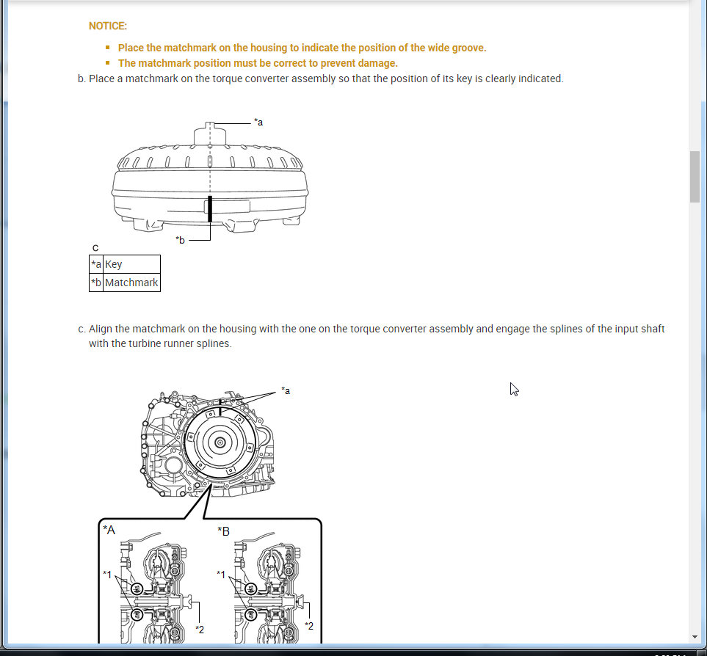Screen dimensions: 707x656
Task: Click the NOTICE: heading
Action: click(108, 26)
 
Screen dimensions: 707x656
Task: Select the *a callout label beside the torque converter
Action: click(258, 122)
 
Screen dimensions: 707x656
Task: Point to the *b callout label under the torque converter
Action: click(181, 240)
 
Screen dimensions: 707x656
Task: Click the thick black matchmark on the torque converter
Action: click(210, 209)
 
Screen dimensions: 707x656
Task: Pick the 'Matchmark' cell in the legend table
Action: click(131, 283)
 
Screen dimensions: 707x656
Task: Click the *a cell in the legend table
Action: click(96, 264)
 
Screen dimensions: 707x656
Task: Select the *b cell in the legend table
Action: click(96, 283)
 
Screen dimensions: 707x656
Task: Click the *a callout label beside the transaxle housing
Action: click(286, 390)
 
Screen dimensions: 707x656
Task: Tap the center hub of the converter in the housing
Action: click(220, 442)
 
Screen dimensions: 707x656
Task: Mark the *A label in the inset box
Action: click(109, 530)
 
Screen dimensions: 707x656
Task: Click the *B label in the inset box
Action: click(224, 531)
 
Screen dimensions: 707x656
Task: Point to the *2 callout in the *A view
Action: click(200, 630)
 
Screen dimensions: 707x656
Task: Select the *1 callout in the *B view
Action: click(221, 575)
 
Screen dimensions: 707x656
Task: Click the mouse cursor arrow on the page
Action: click(514, 390)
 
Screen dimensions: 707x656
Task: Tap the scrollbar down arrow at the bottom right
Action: click(695, 637)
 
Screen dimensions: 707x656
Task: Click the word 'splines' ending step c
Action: click(217, 343)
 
